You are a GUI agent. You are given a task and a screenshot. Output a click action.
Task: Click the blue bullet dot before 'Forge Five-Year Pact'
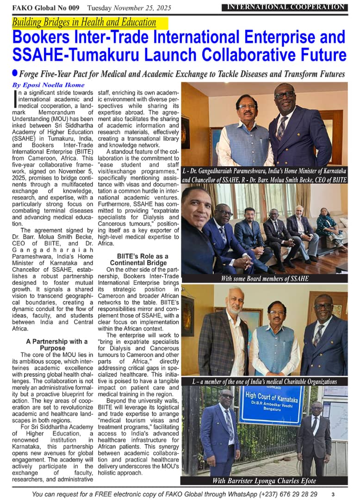point(15,73)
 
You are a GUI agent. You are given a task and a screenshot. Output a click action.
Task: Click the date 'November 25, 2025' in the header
point(142,8)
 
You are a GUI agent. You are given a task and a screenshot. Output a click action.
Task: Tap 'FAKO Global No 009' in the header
point(45,8)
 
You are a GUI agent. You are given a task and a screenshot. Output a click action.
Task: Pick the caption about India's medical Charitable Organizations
point(264,381)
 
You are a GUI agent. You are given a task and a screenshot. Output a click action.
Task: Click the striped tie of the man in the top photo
point(281,128)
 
